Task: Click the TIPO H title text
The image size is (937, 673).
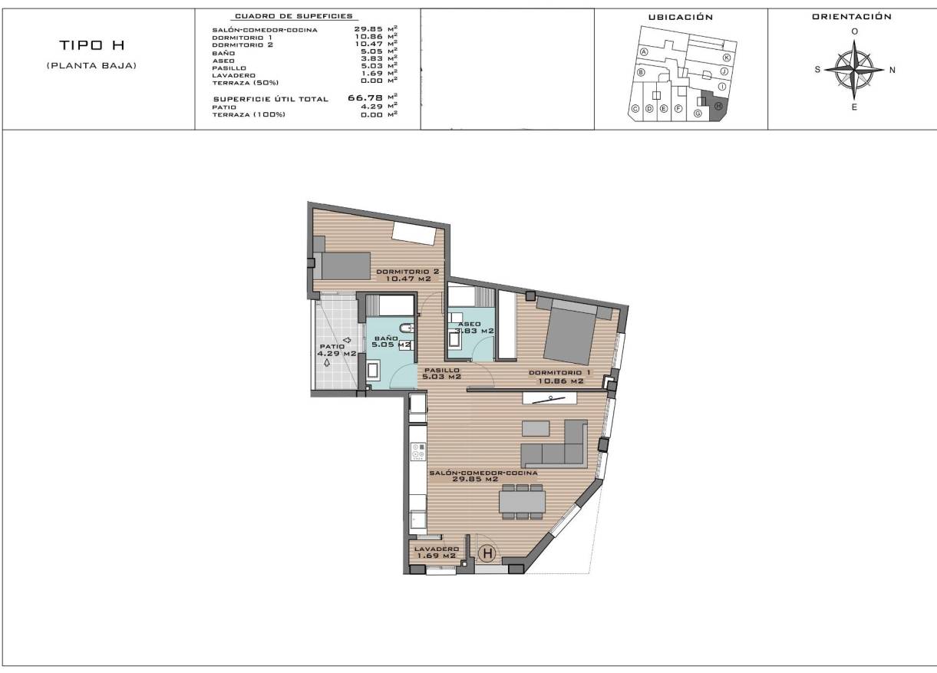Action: point(91,48)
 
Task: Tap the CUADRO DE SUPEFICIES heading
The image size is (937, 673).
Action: point(293,16)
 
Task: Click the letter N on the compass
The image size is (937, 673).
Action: point(892,70)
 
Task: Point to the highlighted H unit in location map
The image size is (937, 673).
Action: point(718,107)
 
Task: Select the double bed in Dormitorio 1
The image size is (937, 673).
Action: point(569,332)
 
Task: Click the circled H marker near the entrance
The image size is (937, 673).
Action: point(487,552)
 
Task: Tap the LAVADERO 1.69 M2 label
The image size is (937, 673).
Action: point(436,552)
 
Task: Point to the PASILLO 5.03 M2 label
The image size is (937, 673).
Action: point(442,373)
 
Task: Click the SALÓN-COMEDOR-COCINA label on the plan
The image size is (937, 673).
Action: point(483,476)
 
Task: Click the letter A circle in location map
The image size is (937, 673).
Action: point(645,51)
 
